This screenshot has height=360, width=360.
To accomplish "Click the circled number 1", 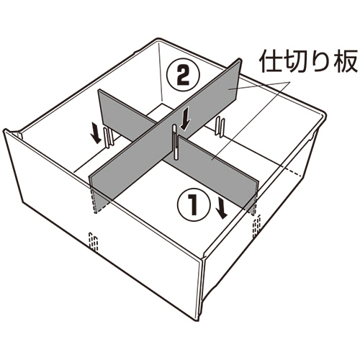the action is (194, 204).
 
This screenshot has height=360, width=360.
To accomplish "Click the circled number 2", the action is (184, 76).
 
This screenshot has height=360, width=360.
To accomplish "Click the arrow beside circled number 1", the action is (221, 206).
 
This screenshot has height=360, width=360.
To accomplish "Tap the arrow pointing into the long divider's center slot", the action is (185, 118).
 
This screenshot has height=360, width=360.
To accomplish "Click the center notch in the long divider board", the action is (176, 142).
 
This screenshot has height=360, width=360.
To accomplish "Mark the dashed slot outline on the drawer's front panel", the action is (94, 242).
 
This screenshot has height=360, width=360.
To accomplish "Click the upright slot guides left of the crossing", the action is (109, 138).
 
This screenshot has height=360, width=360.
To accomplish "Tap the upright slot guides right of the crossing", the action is (220, 127).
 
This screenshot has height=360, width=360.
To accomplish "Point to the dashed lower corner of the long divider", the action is (96, 212).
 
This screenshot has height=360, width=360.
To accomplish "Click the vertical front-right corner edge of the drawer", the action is (199, 291).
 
